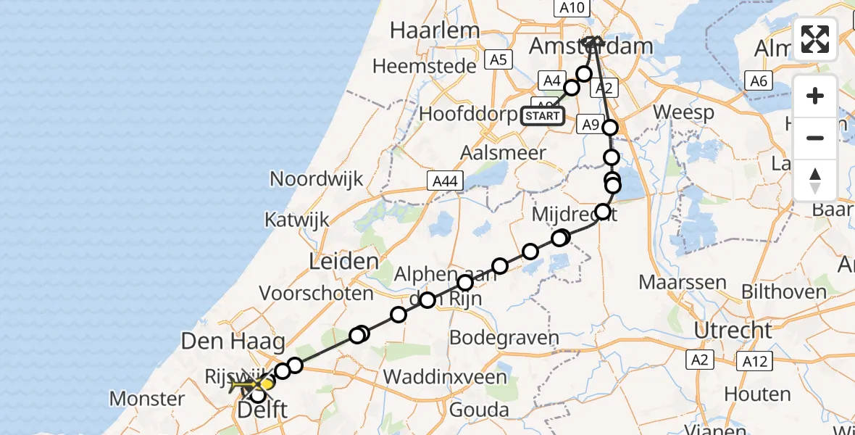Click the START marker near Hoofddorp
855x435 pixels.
[543, 115]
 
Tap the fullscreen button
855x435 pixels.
[815, 39]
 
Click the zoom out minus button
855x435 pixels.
[815, 138]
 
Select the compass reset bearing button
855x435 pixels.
[815, 181]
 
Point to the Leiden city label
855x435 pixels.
[343, 262]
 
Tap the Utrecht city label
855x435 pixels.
[733, 331]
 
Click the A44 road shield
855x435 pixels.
[444, 181]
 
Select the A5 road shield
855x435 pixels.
[498, 60]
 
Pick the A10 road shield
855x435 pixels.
[572, 8]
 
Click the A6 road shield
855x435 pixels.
[757, 81]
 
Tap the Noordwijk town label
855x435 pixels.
[316, 179]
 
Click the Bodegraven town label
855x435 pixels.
[504, 338]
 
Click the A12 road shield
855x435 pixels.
[755, 360]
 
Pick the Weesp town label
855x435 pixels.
[683, 112]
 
